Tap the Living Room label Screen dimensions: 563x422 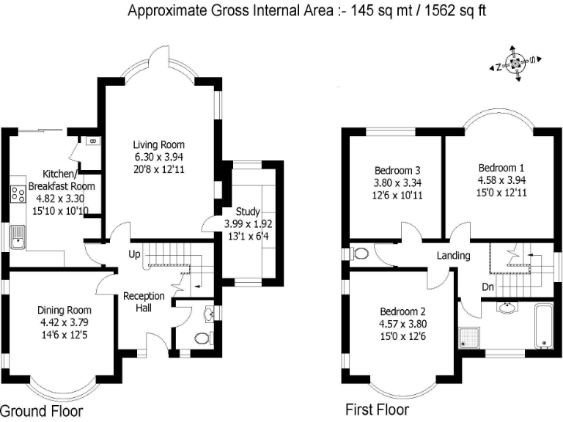[158, 144]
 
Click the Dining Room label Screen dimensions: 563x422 [67, 310]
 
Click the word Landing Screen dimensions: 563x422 [453, 256]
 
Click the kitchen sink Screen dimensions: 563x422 [17, 237]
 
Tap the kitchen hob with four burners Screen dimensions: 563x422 [16, 194]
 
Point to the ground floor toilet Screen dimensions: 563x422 [203, 338]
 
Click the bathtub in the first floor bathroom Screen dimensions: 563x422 [543, 324]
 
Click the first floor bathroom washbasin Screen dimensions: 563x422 [506, 306]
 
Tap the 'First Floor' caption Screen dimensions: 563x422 [377, 409]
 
